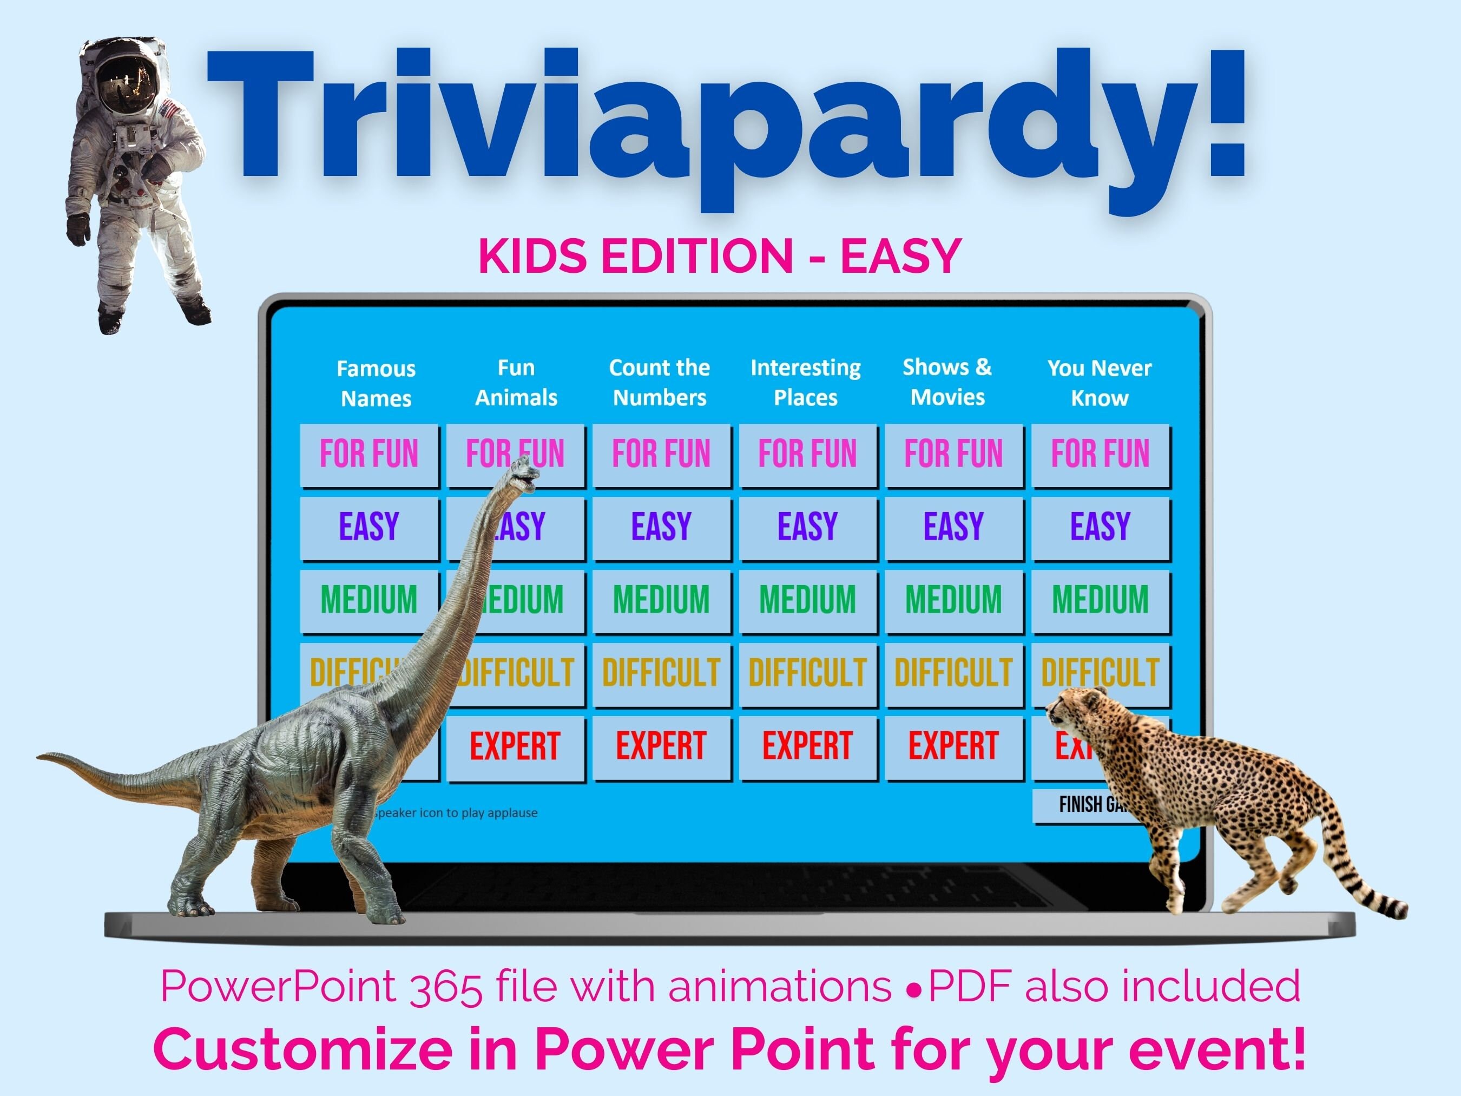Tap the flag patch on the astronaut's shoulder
(x=169, y=109)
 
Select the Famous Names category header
(x=376, y=383)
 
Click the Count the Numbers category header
(x=659, y=383)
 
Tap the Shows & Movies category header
(x=947, y=382)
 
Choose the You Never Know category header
(x=1099, y=383)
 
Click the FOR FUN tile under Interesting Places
(x=807, y=455)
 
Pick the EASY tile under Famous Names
(x=368, y=527)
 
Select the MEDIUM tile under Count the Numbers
(x=661, y=600)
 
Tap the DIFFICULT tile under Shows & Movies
(x=953, y=673)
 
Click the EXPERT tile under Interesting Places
(x=807, y=746)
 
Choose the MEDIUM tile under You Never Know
(x=1100, y=600)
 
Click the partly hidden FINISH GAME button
(x=1083, y=805)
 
